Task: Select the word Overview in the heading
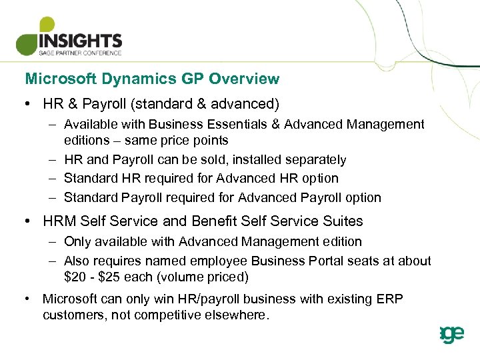coord(243,79)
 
